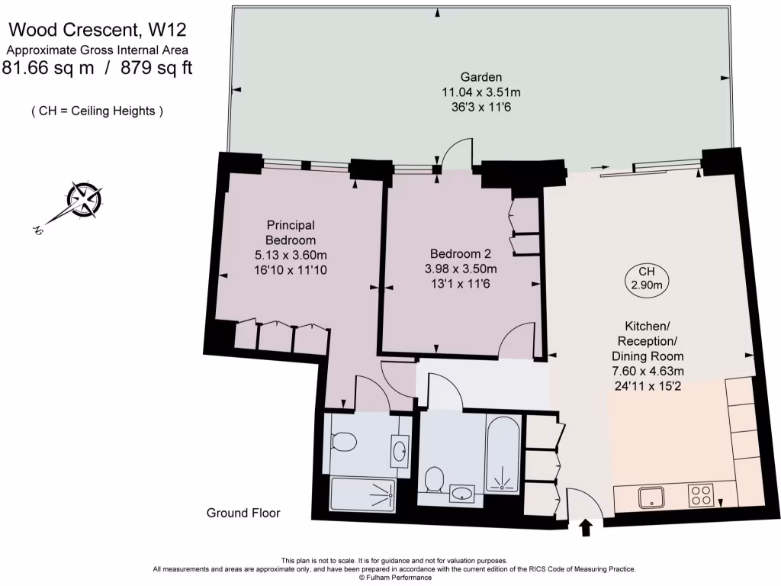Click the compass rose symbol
pos(85,201)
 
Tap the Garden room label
pos(480,77)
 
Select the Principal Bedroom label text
pos(291,233)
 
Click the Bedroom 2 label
pos(460,253)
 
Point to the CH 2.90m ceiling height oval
pos(647,278)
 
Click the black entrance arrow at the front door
pos(586,528)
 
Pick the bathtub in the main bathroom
pos(503,455)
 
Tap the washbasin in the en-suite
pos(400,452)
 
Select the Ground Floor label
pos(243,513)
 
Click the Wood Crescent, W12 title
pos(98,30)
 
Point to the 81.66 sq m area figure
pos(48,67)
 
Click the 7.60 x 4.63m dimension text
pos(648,372)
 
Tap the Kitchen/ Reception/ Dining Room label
pos(648,341)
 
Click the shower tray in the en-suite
pos(363,494)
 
